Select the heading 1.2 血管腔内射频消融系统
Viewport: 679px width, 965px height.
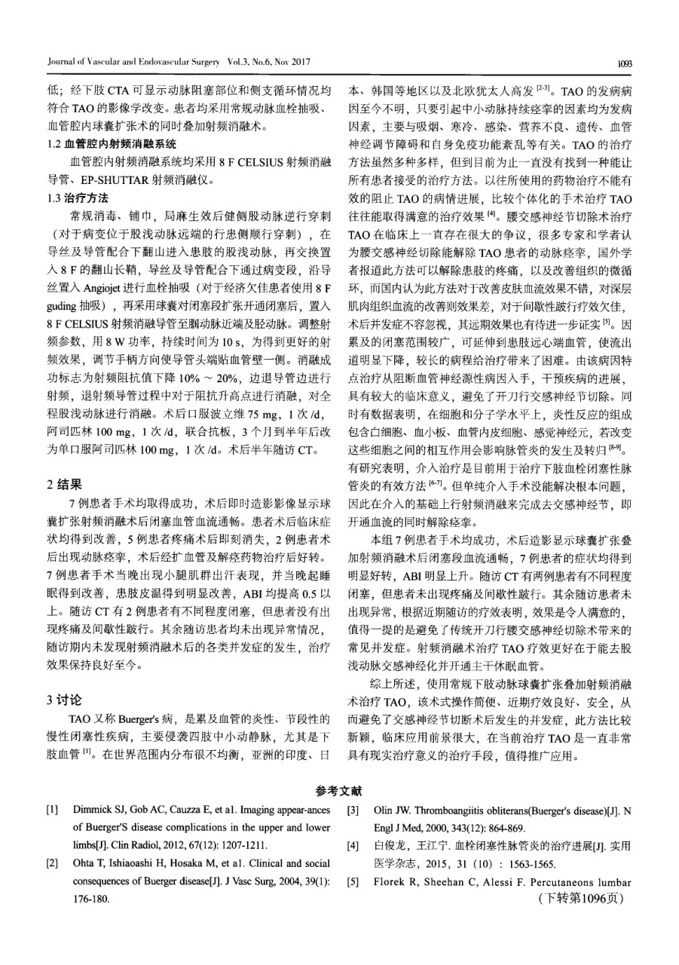[x=111, y=143]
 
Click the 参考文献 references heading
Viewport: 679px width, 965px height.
[x=339, y=792]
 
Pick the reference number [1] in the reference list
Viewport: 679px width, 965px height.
[x=53, y=810]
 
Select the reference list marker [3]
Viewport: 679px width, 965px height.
[x=353, y=810]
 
